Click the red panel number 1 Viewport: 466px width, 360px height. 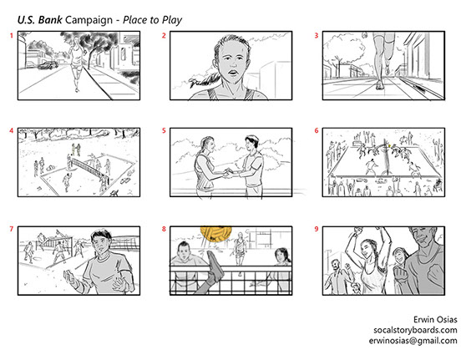coord(12,36)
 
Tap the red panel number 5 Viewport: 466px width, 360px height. coord(164,131)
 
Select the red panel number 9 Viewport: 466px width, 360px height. coord(317,229)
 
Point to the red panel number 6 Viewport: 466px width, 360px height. coord(317,131)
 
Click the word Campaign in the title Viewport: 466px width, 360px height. coord(89,20)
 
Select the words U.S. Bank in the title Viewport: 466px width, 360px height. coord(40,20)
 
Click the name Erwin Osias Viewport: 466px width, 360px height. coord(435,320)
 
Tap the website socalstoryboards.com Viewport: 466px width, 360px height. coord(415,330)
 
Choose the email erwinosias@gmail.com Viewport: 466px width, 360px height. coord(413,341)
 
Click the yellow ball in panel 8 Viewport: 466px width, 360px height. coord(215,232)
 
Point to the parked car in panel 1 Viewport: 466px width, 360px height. coord(48,65)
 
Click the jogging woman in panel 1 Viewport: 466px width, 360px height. coord(77,63)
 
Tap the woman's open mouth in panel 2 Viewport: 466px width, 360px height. coord(234,73)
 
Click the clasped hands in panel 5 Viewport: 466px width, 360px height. coord(229,173)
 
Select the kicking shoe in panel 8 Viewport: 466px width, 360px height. coord(215,266)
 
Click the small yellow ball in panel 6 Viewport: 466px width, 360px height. coord(389,145)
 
